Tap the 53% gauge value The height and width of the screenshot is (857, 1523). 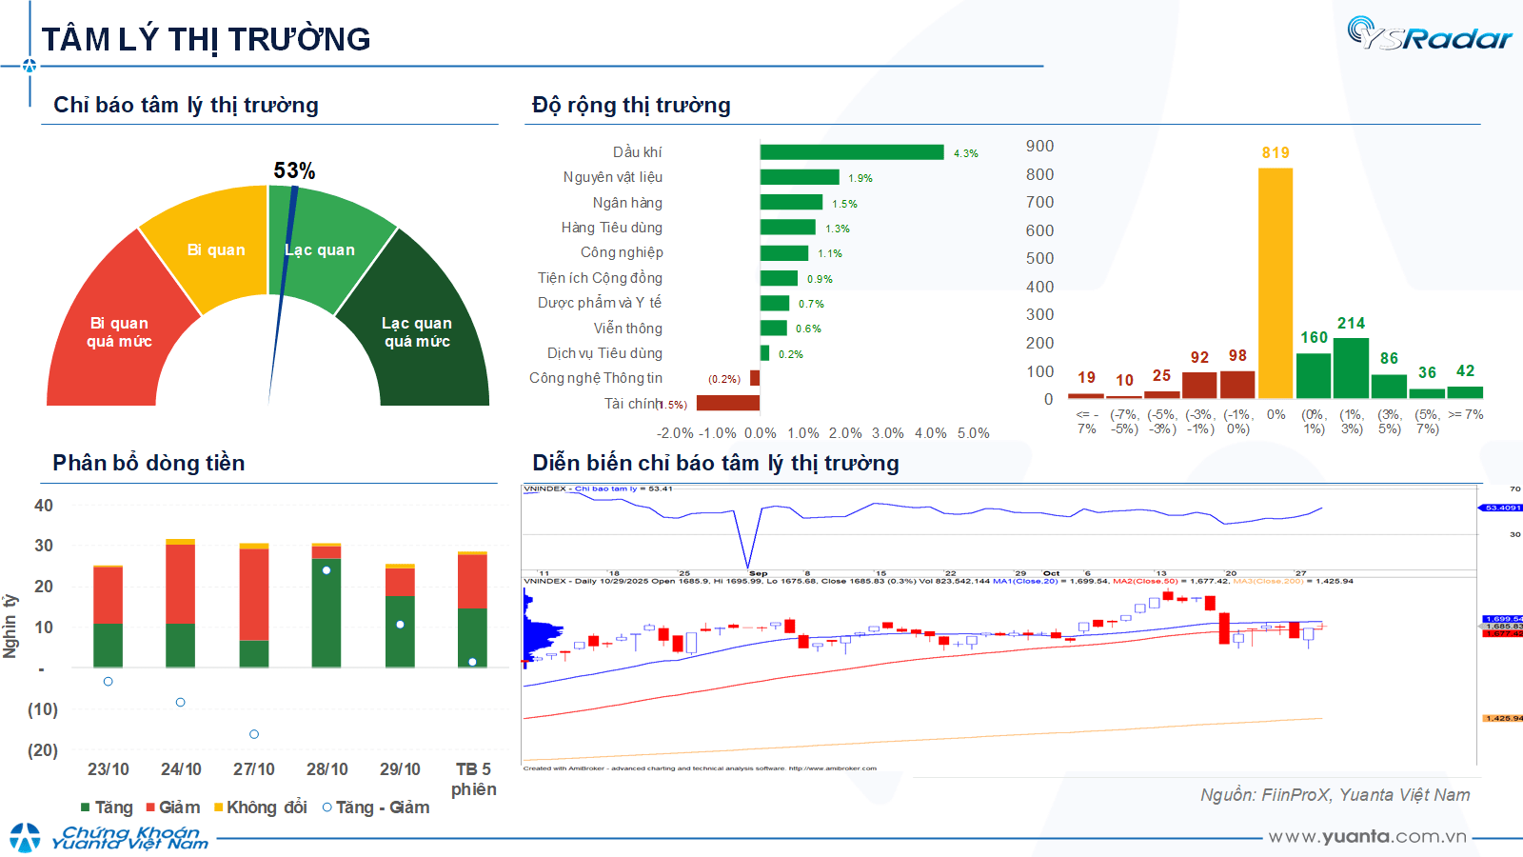point(294,170)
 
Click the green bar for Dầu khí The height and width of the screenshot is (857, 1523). point(852,152)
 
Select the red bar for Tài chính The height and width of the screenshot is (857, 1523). point(728,403)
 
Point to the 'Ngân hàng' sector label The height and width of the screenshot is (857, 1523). point(627,203)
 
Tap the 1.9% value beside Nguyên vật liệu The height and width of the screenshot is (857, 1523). point(860,178)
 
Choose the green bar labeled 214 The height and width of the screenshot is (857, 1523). point(1351,368)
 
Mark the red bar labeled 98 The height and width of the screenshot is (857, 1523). point(1237,384)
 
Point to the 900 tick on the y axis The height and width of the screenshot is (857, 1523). point(1039,146)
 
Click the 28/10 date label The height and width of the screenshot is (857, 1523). point(326,769)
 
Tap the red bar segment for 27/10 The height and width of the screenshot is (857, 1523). point(254,594)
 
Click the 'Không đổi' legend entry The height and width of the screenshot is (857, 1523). point(261,807)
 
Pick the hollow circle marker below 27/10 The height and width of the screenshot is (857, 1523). point(254,734)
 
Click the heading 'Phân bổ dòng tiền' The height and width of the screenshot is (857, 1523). point(148,463)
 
